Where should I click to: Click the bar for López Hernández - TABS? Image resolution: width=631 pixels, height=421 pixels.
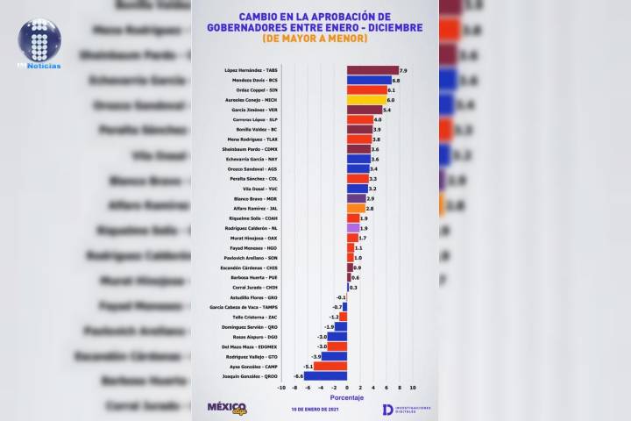pyautogui.click(x=372, y=69)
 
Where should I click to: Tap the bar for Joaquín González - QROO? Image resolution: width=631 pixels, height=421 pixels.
pyautogui.click(x=325, y=375)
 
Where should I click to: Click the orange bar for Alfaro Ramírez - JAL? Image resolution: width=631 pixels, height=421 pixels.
pyautogui.click(x=356, y=209)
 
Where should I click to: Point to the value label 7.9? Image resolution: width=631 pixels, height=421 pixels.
pyautogui.click(x=403, y=69)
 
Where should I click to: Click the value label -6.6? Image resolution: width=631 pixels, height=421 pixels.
pyautogui.click(x=298, y=375)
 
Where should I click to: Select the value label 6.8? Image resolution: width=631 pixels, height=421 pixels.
pyautogui.click(x=396, y=80)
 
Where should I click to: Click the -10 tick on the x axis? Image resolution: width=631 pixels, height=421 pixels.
pyautogui.click(x=281, y=387)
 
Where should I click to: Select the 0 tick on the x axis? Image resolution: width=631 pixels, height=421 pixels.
pyautogui.click(x=347, y=387)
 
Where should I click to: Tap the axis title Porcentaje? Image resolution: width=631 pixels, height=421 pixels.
pyautogui.click(x=346, y=396)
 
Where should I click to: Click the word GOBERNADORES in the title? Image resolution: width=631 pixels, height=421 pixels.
pyautogui.click(x=279, y=27)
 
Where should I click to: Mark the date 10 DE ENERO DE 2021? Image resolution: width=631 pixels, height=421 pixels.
pyautogui.click(x=315, y=409)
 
